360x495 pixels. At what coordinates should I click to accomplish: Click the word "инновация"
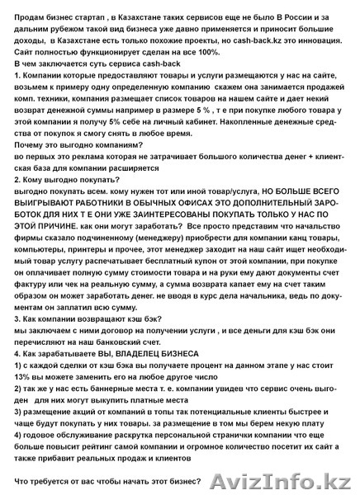[x=320, y=39]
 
